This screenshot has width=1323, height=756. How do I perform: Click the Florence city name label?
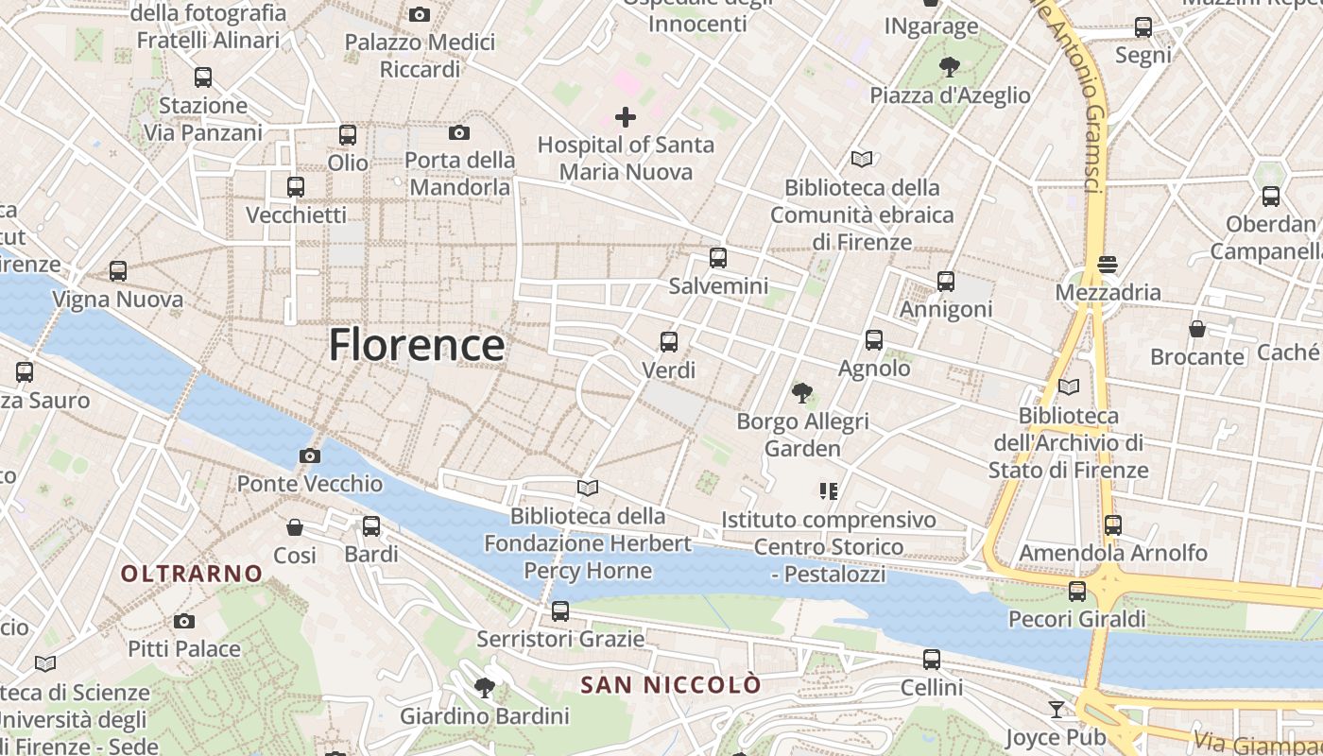(416, 345)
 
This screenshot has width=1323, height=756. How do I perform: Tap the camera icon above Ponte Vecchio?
(309, 456)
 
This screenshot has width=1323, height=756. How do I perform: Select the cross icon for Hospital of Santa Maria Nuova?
(626, 117)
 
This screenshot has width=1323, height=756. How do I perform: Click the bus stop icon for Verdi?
(669, 342)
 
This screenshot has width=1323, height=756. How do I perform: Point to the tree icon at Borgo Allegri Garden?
(802, 392)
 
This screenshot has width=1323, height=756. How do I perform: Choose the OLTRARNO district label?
(192, 574)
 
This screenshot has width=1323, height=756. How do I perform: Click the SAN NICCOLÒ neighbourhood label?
(670, 685)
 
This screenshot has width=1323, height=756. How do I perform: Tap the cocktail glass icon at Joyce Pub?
(1057, 709)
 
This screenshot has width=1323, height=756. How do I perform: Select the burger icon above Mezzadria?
(1108, 265)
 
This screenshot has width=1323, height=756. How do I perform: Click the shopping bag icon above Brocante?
(1197, 329)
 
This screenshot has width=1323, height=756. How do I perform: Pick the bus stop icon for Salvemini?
(718, 258)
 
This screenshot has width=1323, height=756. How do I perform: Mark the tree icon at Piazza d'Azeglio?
(950, 67)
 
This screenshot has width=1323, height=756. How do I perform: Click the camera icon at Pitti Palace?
(184, 621)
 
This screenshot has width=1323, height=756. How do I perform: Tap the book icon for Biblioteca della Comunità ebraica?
(862, 159)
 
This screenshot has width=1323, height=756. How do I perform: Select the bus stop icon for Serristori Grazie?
(560, 611)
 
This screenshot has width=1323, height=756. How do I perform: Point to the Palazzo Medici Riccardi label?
(420, 56)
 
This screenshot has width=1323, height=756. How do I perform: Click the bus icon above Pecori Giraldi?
(1077, 592)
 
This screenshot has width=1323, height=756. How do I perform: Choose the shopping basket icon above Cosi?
(295, 526)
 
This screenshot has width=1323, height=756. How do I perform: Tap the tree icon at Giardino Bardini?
(485, 687)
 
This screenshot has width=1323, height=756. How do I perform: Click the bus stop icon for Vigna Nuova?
(118, 271)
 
